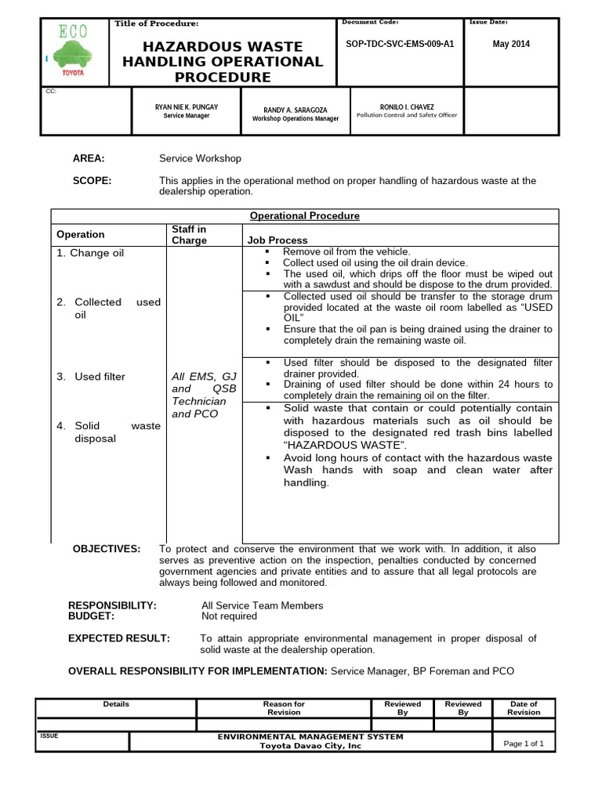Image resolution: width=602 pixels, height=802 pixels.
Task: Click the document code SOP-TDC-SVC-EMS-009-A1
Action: click(400, 44)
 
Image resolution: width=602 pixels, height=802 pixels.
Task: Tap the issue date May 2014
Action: click(511, 44)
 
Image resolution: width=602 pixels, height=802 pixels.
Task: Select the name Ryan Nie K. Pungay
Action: click(187, 107)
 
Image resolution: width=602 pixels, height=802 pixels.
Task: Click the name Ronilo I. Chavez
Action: click(407, 107)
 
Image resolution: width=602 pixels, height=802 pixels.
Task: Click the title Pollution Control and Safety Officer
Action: click(407, 115)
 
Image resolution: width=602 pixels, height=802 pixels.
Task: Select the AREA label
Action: click(89, 158)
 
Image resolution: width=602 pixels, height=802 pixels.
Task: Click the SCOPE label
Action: click(92, 181)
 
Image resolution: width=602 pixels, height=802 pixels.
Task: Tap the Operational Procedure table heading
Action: click(304, 215)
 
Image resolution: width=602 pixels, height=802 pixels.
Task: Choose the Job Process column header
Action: click(277, 240)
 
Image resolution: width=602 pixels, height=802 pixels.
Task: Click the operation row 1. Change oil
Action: click(90, 253)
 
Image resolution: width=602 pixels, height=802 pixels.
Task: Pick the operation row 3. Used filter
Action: click(91, 377)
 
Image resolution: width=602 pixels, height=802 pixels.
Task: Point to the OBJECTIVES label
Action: click(107, 548)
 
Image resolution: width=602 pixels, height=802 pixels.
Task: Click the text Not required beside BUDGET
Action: click(230, 616)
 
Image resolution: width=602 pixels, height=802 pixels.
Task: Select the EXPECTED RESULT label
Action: click(119, 638)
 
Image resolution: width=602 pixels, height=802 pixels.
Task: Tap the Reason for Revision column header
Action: click(284, 708)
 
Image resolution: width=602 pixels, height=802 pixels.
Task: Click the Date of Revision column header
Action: click(523, 708)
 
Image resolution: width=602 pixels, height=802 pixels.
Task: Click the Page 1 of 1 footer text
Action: click(524, 743)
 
